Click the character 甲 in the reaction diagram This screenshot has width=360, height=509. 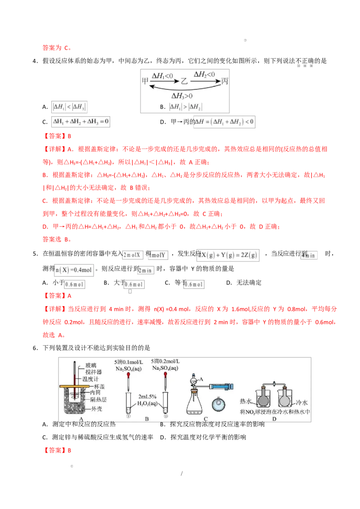(x=145, y=81)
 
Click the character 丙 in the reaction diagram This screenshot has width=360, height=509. (x=225, y=81)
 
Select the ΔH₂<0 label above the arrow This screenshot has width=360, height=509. (x=204, y=74)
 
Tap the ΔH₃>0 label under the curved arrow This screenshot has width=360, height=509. (x=183, y=96)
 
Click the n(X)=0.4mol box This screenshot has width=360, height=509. (x=75, y=270)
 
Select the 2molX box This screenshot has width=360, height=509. (x=133, y=255)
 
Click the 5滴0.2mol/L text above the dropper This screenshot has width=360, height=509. (x=166, y=362)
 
